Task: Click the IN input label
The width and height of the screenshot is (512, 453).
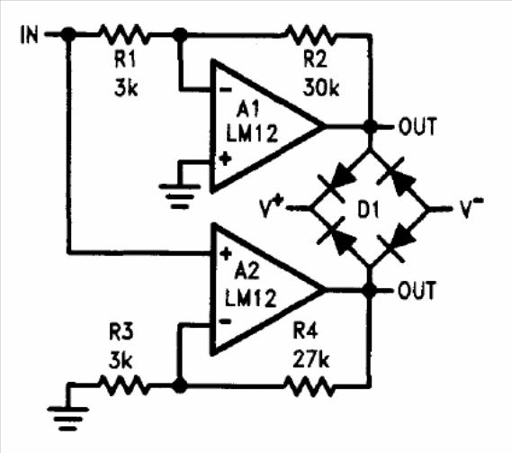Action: pos(30,35)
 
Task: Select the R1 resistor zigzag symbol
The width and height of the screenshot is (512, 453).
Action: pos(123,33)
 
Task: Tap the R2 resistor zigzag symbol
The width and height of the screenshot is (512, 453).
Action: pos(310,34)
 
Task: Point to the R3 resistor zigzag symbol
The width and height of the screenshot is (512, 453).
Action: pos(123,385)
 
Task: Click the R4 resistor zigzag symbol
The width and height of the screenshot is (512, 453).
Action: pos(310,386)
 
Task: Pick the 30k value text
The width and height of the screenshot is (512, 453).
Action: pos(321,87)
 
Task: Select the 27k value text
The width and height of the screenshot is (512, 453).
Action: pos(310,358)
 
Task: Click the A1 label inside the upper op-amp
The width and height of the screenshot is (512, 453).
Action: pos(247,109)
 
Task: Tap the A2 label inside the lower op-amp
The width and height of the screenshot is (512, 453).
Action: pos(247,271)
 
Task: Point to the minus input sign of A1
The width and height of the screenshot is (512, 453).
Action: pos(225,89)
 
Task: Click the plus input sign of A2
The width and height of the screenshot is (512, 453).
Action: pos(226,254)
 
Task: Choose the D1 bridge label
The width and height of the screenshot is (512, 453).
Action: pos(369,210)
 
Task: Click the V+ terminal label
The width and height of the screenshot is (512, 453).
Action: pos(271,207)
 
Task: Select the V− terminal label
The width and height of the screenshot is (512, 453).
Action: pos(472,207)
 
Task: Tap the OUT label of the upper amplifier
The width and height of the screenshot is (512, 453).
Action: pos(418,126)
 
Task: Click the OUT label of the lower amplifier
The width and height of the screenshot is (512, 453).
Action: pos(417,290)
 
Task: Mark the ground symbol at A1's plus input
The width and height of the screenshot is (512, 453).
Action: pos(180,196)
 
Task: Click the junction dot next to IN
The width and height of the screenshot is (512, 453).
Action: pos(68,33)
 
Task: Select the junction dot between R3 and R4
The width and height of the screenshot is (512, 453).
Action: pos(179,385)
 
